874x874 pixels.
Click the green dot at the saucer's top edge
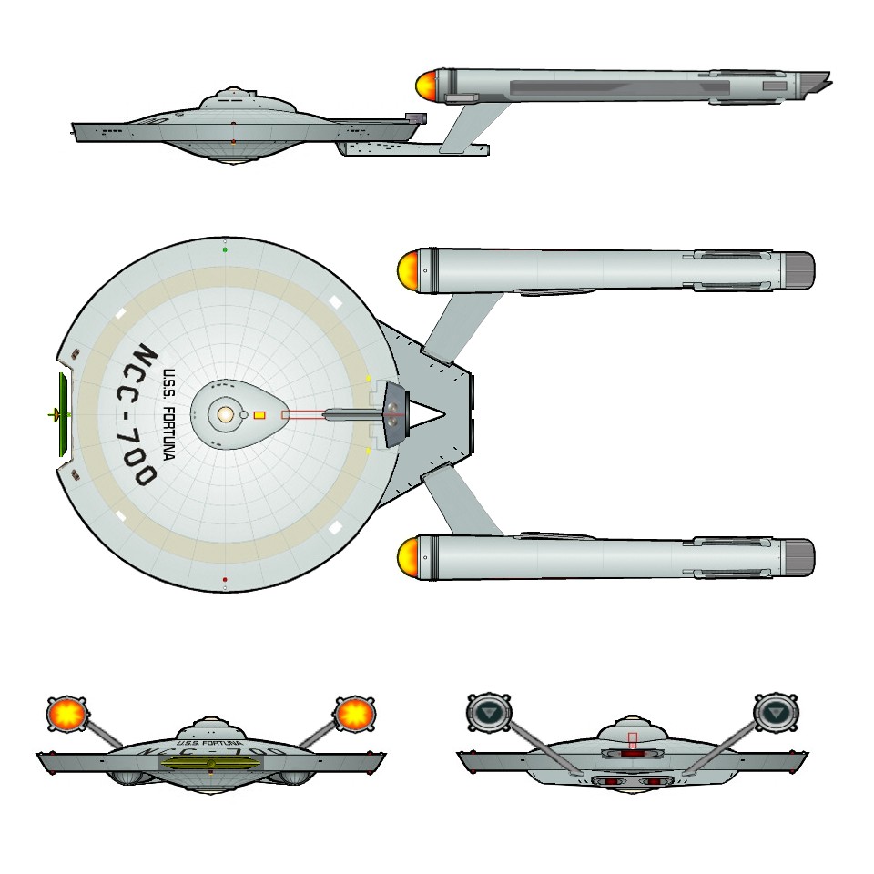tap(225, 249)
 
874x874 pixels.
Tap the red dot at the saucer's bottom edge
tap(225, 579)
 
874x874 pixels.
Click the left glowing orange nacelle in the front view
tap(67, 713)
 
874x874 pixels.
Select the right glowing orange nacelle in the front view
tap(354, 713)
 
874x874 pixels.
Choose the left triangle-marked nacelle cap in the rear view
tap(489, 711)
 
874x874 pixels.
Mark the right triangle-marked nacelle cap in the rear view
tap(776, 711)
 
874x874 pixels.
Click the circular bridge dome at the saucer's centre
tap(225, 414)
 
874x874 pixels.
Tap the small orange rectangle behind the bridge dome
tap(259, 415)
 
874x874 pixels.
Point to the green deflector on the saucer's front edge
tap(62, 414)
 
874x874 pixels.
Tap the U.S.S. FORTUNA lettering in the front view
tap(208, 744)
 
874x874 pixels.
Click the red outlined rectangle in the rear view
tap(633, 741)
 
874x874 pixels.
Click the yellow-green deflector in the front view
tap(210, 763)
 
